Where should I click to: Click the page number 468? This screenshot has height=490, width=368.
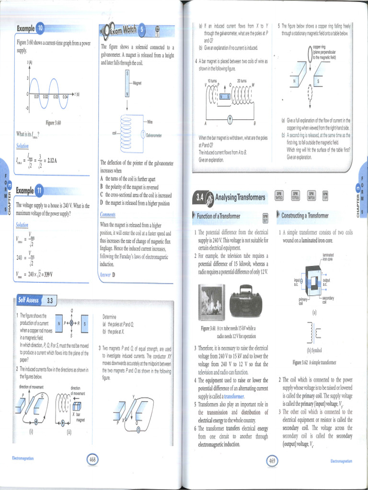coord(93,460)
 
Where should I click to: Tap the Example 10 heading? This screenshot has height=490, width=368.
coord(30,29)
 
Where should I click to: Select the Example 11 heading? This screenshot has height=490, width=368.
coord(30,191)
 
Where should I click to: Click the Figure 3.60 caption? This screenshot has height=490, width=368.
coord(53,123)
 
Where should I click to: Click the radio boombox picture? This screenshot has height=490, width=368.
coord(245,302)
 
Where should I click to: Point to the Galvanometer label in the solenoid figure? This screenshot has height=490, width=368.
coord(154,135)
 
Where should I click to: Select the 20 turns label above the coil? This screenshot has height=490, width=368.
coord(242,80)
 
